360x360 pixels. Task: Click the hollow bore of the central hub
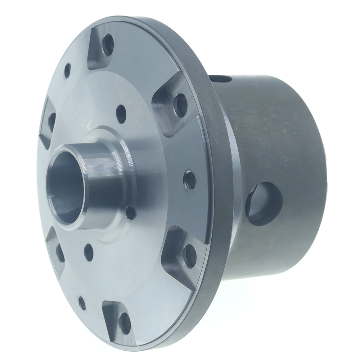[x=67, y=187]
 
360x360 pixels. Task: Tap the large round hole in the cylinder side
[x=265, y=203]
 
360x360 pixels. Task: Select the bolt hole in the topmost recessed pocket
[x=108, y=45]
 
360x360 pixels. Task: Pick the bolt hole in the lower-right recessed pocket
[x=190, y=256]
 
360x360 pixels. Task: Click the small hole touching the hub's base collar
[x=130, y=213]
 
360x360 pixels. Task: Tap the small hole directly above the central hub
[x=121, y=114]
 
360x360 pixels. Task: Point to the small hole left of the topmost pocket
[x=67, y=71]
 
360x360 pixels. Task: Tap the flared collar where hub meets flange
[x=124, y=144]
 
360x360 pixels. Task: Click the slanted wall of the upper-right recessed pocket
[x=162, y=115]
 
